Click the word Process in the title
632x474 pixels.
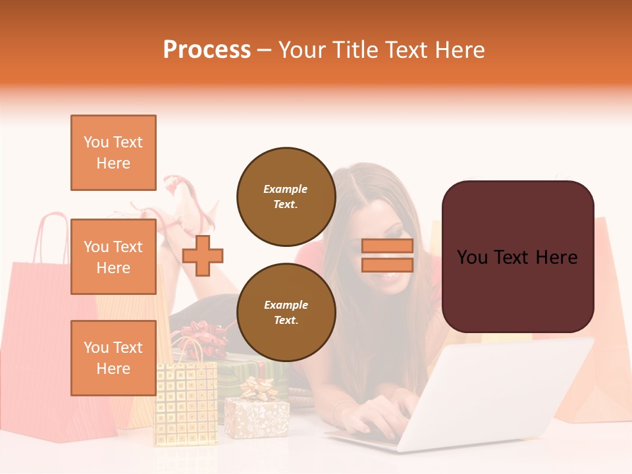[207, 49]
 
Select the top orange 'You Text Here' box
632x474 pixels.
[113, 153]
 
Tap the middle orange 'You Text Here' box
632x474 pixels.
[113, 257]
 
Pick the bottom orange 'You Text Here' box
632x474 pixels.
[113, 357]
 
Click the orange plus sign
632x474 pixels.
[203, 255]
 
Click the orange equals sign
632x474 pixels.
[387, 255]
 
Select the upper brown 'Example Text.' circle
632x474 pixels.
[286, 197]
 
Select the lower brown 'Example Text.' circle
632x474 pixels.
[286, 312]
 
